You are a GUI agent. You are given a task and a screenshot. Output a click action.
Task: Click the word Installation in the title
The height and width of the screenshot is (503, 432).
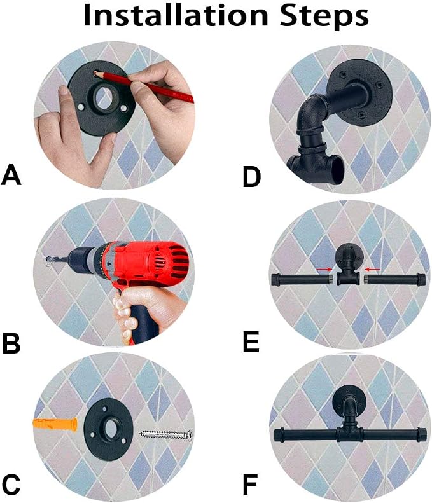click(176, 15)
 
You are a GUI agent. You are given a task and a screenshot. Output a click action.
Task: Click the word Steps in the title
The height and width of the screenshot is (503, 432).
click(324, 17)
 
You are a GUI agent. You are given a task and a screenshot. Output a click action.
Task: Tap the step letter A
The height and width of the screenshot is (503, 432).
click(11, 174)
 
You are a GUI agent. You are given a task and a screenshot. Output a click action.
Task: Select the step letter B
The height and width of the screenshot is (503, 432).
click(11, 343)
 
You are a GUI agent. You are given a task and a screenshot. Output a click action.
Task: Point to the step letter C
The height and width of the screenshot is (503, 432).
click(11, 485)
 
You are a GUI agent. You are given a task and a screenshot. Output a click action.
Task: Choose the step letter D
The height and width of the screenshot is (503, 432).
click(251, 176)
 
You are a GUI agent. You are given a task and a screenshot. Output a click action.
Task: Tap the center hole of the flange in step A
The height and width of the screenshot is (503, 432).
click(103, 96)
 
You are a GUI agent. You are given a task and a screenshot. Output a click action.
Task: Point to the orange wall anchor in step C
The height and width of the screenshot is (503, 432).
click(55, 425)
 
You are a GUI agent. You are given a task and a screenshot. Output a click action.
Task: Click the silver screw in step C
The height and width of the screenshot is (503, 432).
click(166, 436)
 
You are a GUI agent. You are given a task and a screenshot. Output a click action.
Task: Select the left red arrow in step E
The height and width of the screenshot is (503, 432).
click(324, 270)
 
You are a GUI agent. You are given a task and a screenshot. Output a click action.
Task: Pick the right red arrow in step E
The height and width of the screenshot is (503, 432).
click(372, 270)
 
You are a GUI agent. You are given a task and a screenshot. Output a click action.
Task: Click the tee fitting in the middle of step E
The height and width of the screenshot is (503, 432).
click(349, 276)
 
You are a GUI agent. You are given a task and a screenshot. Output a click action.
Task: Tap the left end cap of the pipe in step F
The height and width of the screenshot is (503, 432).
click(278, 436)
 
